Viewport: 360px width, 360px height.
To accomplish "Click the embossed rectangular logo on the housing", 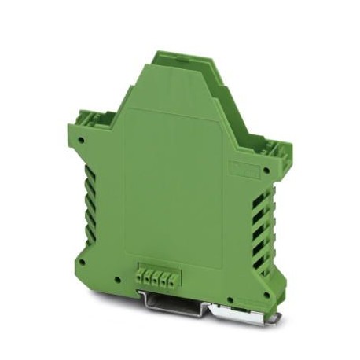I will [242, 168].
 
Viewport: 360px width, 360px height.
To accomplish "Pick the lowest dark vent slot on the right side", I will [259, 256].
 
